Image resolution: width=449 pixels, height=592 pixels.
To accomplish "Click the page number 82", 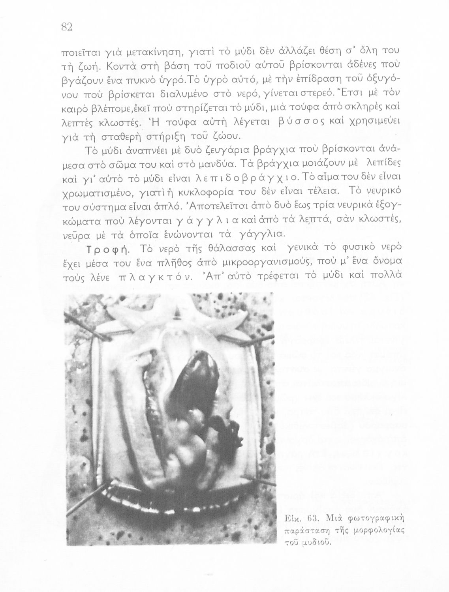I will click(x=66, y=27).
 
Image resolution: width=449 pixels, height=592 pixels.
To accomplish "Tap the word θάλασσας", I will click(x=227, y=248).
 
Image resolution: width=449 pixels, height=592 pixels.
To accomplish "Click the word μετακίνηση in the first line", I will click(x=134, y=52).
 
